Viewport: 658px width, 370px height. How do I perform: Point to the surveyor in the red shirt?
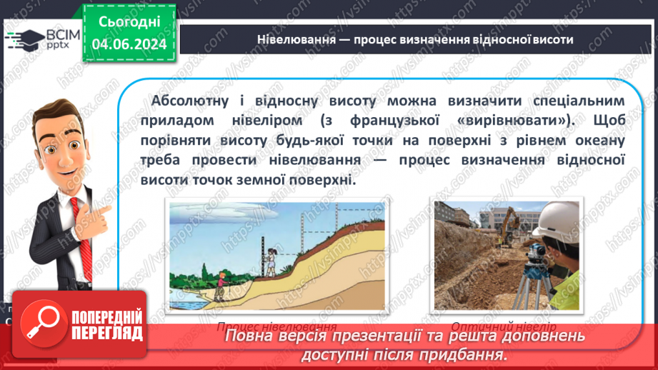click(221, 283)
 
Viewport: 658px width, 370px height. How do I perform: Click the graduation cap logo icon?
click(23, 39)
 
